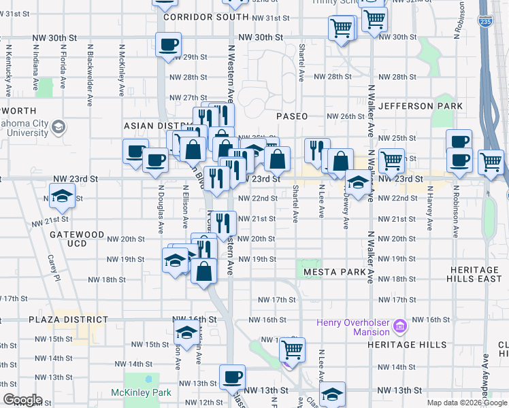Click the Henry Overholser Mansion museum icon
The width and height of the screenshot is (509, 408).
pyautogui.click(x=400, y=327)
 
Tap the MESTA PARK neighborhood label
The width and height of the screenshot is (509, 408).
pyautogui.click(x=335, y=272)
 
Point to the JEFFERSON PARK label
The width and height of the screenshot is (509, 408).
pyautogui.click(x=421, y=106)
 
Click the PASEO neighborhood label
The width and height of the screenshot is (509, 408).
pyautogui.click(x=292, y=116)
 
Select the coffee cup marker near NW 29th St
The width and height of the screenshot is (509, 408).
pyautogui.click(x=169, y=46)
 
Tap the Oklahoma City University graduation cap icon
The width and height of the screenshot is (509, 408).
pyautogui.click(x=59, y=126)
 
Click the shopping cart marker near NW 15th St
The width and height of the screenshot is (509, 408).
pyautogui.click(x=293, y=350)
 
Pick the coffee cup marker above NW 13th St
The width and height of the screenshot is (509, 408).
pyautogui.click(x=232, y=377)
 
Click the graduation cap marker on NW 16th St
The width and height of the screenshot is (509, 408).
pyautogui.click(x=185, y=333)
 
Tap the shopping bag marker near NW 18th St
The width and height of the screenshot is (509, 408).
pyautogui.click(x=204, y=271)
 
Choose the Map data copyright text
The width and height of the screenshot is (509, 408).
pyautogui.click(x=467, y=403)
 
